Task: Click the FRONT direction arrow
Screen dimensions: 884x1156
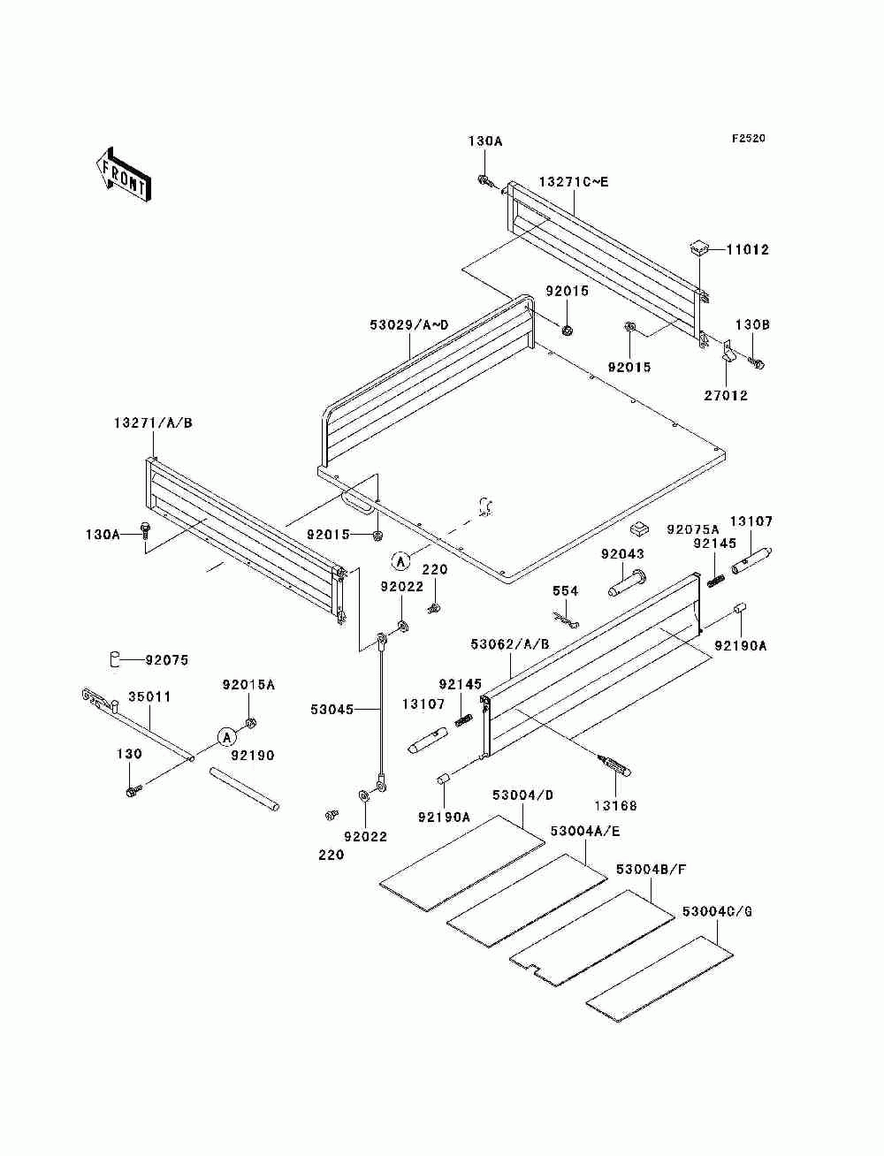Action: [x=124, y=174]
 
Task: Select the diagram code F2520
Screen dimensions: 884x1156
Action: [x=748, y=139]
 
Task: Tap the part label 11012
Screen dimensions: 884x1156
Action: [x=748, y=249]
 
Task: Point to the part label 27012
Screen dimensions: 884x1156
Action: [x=726, y=396]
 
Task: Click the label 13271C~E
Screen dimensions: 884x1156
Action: [x=573, y=182]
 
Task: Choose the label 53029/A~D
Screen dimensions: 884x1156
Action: [x=408, y=325]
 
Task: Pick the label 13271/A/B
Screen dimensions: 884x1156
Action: [x=153, y=423]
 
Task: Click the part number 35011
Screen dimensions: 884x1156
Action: [x=150, y=696]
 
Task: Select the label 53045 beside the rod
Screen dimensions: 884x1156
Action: [x=331, y=710]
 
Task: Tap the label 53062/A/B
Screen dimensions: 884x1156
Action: [x=510, y=644]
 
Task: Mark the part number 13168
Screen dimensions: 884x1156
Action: [x=616, y=806]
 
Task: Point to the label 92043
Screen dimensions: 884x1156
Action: [x=622, y=554]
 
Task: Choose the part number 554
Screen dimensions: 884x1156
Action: [x=565, y=591]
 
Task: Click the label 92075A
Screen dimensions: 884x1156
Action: [x=693, y=529]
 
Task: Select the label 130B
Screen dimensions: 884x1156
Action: [x=753, y=325]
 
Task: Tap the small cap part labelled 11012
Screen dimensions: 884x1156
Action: [x=699, y=248]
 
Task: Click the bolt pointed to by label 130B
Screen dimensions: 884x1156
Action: [x=756, y=363]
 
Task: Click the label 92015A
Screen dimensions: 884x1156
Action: [x=248, y=685]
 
